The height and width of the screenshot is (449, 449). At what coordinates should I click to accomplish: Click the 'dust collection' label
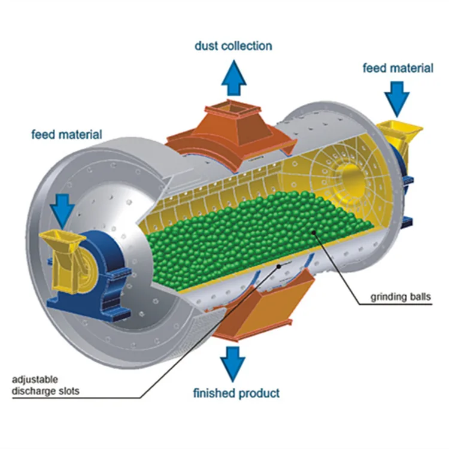tap(233, 45)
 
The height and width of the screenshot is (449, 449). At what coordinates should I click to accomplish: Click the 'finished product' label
tap(236, 393)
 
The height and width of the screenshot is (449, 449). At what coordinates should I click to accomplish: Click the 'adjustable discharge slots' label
tap(45, 386)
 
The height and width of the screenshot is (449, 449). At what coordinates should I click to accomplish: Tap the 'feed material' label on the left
tap(66, 134)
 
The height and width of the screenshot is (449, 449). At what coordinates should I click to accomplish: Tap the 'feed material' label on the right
tap(398, 68)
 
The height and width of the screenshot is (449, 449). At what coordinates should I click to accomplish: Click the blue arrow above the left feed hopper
tap(63, 207)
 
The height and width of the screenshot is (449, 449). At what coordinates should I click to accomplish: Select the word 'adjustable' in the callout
tap(34, 380)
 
